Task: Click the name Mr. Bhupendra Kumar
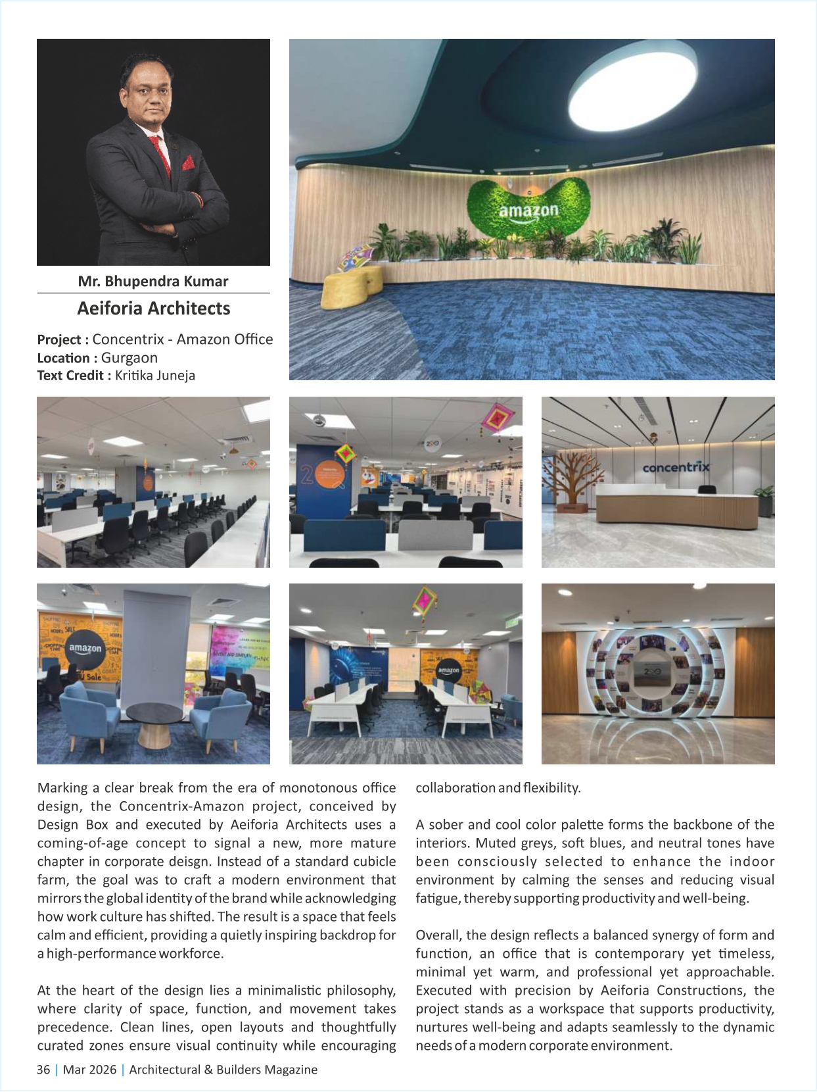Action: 153,282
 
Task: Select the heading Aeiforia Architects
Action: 153,309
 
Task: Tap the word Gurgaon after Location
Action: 129,358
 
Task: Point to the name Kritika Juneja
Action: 155,376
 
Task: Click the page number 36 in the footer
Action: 43,1070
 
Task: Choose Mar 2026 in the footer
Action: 89,1070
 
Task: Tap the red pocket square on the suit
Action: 189,162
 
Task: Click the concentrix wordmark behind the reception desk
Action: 676,467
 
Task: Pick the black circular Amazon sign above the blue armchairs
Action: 85,649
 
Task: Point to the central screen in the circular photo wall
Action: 652,675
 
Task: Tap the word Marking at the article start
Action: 62,788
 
